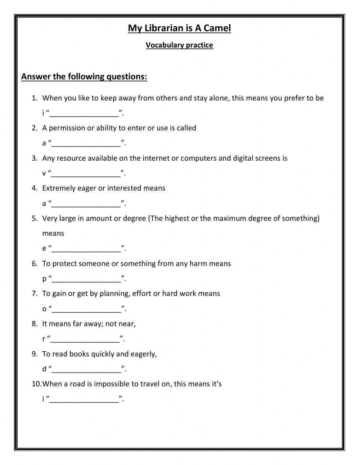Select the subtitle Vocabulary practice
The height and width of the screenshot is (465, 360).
179,45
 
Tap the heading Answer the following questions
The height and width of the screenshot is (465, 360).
84,77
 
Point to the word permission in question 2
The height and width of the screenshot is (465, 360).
67,128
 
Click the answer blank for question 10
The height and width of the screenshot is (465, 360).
84,399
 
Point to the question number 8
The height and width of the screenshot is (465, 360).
34,324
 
